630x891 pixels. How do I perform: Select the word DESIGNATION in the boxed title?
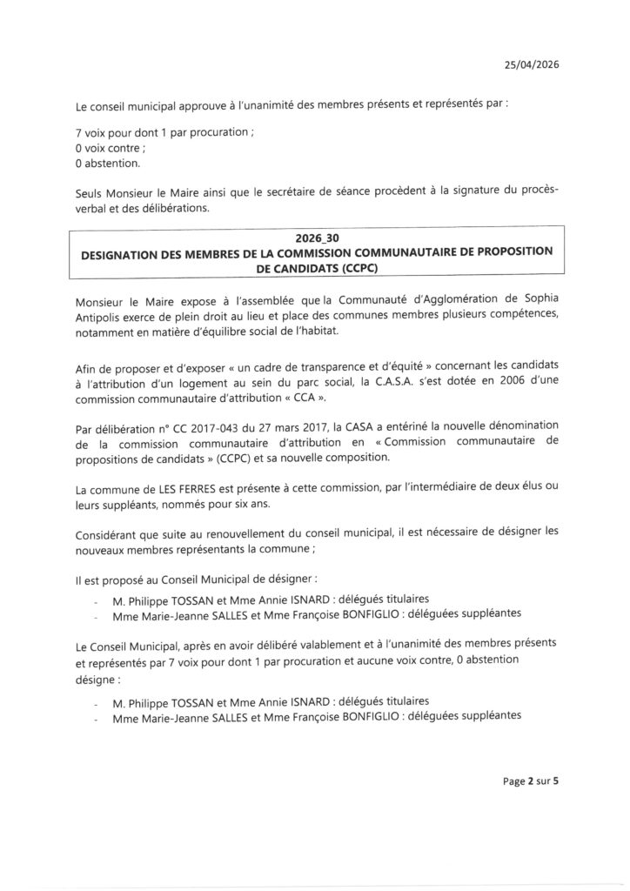pos(124,251)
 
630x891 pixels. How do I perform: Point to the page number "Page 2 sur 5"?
pos(531,781)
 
